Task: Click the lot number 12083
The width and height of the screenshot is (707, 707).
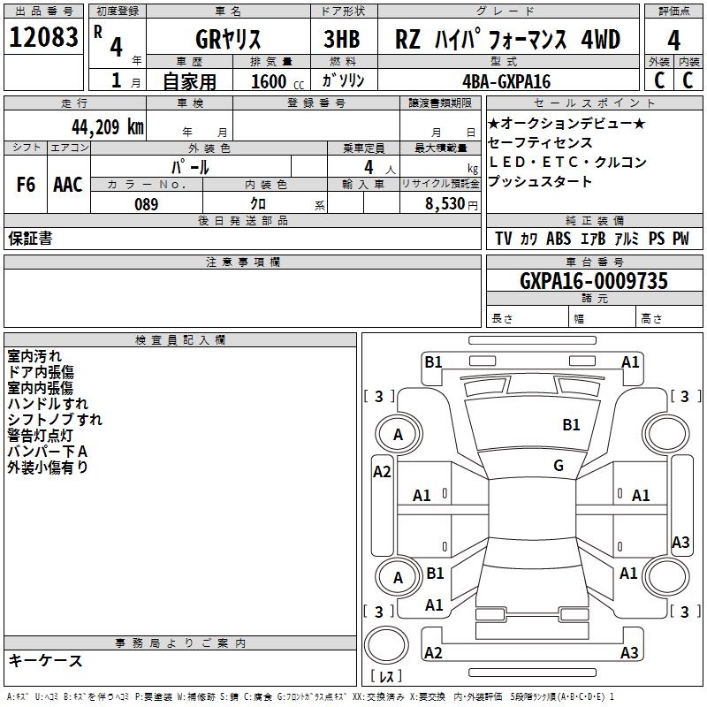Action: click(x=43, y=38)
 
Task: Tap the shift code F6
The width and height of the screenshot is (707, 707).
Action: click(x=27, y=185)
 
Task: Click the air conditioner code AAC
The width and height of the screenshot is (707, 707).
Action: click(x=68, y=185)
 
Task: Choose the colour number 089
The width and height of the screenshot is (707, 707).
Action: click(x=146, y=204)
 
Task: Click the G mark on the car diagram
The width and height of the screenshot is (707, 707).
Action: click(x=559, y=466)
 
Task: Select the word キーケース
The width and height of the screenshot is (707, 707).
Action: click(x=45, y=661)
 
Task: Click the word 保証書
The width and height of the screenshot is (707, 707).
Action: click(x=30, y=239)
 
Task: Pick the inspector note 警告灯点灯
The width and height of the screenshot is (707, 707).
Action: click(x=41, y=435)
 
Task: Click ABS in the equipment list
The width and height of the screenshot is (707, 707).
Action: click(x=559, y=239)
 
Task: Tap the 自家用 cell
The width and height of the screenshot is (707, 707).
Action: click(x=189, y=81)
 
